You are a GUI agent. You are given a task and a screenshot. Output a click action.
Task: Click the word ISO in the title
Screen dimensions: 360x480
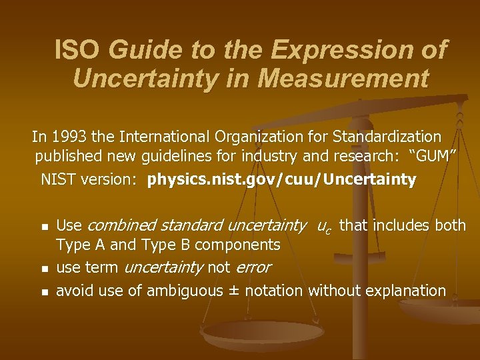click(78, 50)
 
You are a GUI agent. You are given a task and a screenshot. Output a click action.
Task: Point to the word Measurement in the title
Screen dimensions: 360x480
click(343, 79)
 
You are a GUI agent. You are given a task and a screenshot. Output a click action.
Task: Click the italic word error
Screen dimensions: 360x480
click(253, 268)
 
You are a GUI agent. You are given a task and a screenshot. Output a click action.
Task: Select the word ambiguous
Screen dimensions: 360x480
click(185, 291)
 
